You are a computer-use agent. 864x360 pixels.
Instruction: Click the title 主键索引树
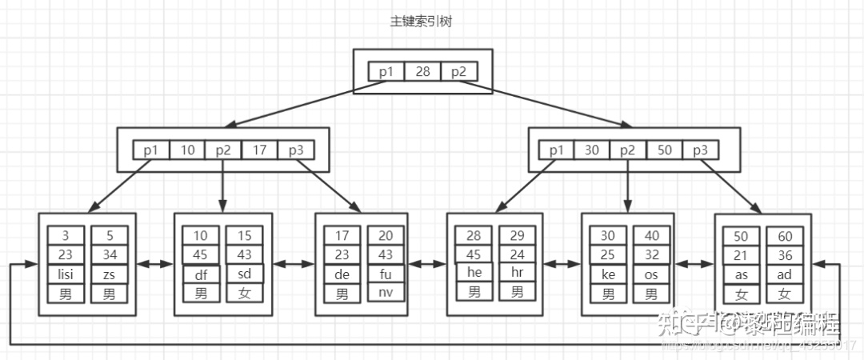coord(422,22)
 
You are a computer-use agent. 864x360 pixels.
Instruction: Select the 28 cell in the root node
coord(422,72)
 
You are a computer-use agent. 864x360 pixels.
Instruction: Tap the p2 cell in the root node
coord(458,72)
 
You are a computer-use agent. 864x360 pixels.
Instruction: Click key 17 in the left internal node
coord(259,150)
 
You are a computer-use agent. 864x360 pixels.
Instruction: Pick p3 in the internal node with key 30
coord(700,150)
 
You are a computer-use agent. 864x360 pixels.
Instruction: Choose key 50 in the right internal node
coord(664,150)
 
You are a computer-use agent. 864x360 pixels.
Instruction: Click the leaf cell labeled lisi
coord(66,274)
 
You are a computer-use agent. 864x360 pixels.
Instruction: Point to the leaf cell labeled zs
coord(109,274)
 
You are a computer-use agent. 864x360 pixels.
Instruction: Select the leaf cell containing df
coord(201,274)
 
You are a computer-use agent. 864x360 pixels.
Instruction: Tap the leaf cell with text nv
coord(386,293)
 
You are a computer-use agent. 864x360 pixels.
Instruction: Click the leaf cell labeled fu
coord(386,274)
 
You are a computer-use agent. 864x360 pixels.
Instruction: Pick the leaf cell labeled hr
coord(517,273)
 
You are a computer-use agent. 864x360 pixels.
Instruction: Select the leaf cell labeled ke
coord(608,274)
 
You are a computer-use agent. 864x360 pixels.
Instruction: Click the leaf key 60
coord(784,237)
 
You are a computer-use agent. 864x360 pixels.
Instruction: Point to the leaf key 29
coord(517,235)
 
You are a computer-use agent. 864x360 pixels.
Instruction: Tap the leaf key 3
coord(66,235)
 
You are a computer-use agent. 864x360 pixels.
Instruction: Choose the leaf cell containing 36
coord(784,255)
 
